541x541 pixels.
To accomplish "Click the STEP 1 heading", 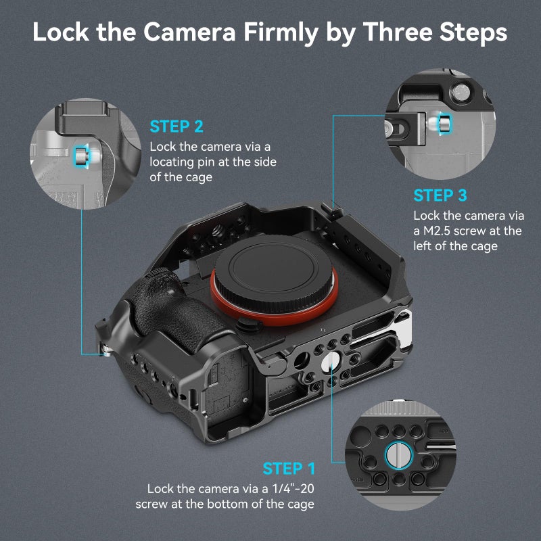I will click(289, 469).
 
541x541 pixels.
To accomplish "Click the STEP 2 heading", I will click(177, 126).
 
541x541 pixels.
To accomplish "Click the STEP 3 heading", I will click(440, 196).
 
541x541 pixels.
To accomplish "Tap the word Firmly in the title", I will click(289, 33).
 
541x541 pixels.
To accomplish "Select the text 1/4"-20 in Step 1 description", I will click(292, 488).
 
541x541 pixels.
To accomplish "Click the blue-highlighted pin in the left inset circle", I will click(80, 157).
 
